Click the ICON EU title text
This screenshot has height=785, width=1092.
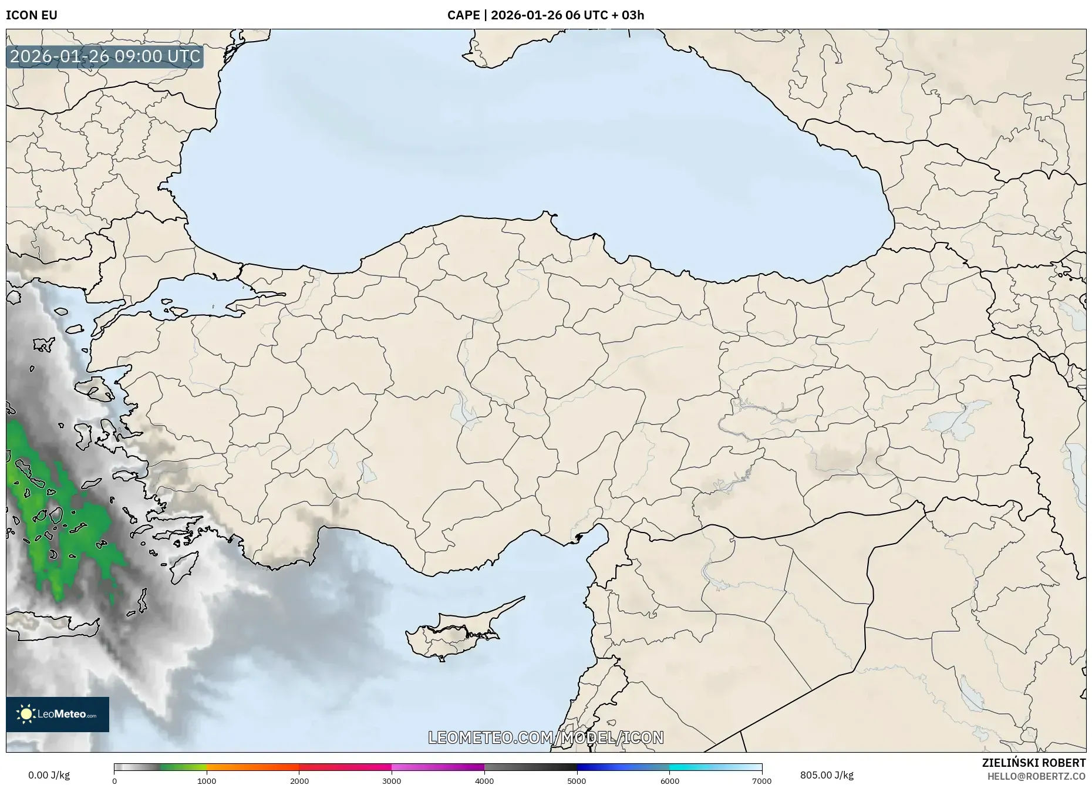[32, 15]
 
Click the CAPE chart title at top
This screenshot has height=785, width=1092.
[545, 15]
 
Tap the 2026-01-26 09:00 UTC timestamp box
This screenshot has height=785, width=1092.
[105, 56]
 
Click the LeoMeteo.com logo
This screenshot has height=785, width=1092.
[58, 714]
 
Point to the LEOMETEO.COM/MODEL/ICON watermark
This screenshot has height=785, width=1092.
[545, 737]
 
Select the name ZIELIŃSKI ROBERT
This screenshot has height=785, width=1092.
[1033, 762]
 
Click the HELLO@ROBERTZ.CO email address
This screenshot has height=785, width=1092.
[1036, 776]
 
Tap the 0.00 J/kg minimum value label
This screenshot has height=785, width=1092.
[49, 774]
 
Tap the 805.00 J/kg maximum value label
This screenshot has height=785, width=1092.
[827, 774]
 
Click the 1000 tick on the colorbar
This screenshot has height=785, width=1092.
[207, 780]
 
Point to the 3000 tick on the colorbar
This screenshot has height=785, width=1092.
[392, 780]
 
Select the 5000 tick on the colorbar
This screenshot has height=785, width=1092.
[577, 780]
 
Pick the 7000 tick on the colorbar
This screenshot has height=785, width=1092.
[761, 780]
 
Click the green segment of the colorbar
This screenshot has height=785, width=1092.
[183, 767]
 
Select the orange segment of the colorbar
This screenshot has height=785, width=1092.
[252, 767]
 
